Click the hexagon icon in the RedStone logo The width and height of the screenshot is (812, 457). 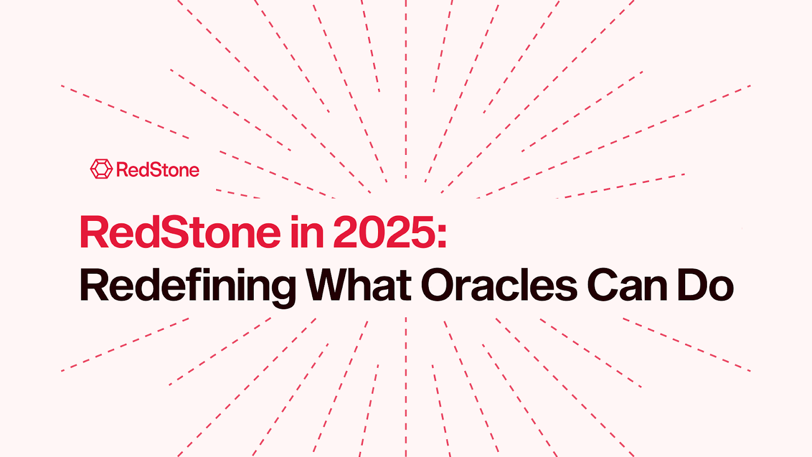point(101,169)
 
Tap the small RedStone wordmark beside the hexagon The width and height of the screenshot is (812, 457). point(158,170)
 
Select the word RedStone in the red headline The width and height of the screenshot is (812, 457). point(180,233)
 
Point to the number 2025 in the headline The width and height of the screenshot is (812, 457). point(383,233)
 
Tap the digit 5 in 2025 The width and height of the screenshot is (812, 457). point(421,233)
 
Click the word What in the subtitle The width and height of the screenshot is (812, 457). point(359,286)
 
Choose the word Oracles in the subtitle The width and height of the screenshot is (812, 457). point(499,286)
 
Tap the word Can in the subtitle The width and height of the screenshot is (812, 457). point(627,286)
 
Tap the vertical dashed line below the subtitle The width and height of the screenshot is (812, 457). point(406,386)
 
